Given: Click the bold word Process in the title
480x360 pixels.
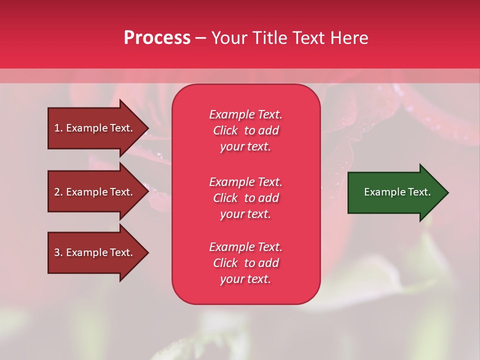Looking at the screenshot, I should (157, 38).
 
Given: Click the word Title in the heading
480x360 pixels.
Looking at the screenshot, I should (270, 38).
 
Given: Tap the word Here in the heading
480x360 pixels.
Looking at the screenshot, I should (348, 38).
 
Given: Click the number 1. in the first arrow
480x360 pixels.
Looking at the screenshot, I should (58, 128).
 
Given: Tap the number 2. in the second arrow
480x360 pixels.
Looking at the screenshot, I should (58, 192).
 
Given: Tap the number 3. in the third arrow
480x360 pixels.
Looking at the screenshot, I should (58, 252).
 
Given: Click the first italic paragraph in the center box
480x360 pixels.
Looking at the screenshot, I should (245, 130).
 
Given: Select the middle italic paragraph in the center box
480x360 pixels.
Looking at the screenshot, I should (245, 198).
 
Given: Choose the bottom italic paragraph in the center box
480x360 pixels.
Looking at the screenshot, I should (245, 263).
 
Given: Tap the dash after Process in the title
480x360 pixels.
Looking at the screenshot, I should (200, 38).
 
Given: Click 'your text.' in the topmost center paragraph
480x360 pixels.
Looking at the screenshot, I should (245, 147).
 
